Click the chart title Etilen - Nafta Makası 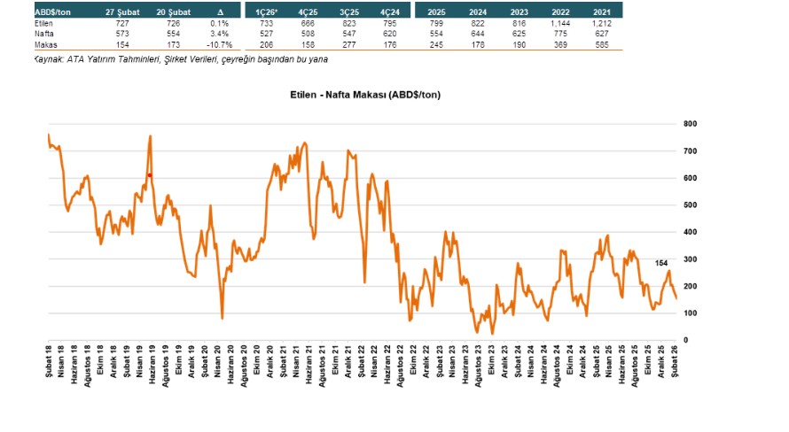coord(365,94)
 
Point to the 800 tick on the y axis coord(689,124)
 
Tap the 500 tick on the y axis coord(689,205)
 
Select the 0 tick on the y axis coord(685,341)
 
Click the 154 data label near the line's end coord(662,263)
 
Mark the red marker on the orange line coord(151,175)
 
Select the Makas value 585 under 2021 coord(603,43)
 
